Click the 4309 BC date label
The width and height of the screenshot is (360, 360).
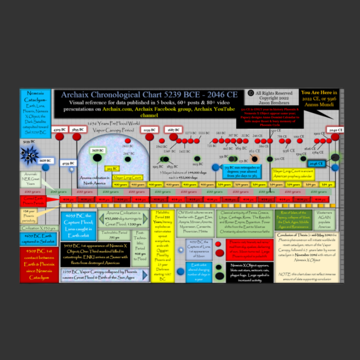(x=59, y=129)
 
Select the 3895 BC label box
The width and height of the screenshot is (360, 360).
(x=78, y=129)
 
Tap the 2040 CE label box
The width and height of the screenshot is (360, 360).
(x=335, y=130)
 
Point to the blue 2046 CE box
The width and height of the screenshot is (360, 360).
(x=316, y=164)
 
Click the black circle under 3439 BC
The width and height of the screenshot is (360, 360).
(x=97, y=158)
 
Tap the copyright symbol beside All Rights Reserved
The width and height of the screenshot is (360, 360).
(x=251, y=93)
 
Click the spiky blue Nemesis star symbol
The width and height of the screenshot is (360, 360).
(x=30, y=155)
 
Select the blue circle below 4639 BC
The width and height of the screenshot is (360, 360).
(x=45, y=168)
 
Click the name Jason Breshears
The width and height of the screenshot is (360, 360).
(x=274, y=103)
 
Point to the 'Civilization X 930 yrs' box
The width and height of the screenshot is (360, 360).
(x=39, y=228)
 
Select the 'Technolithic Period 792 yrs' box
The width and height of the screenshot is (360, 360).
(x=114, y=235)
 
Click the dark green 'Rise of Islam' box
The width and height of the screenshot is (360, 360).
(x=293, y=220)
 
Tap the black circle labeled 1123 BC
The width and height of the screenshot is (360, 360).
(x=197, y=159)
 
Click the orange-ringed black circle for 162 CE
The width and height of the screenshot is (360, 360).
(x=254, y=159)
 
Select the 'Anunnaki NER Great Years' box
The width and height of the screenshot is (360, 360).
(x=31, y=179)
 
